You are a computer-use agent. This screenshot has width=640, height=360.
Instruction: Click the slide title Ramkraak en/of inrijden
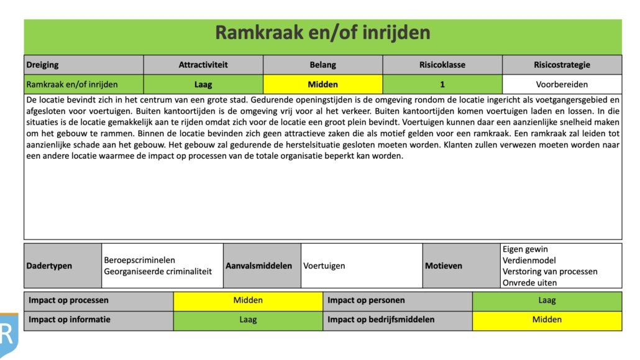tap(322, 33)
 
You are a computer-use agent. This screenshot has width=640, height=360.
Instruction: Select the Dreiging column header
tap(84, 65)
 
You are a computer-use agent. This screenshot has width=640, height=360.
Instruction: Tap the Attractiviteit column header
tap(203, 65)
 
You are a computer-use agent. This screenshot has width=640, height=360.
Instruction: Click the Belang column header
tap(323, 65)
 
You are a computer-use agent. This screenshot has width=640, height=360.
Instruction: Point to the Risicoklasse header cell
tap(442, 65)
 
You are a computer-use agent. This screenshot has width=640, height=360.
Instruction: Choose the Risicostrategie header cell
tap(562, 65)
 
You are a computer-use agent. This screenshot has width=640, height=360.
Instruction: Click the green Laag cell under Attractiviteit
tap(203, 84)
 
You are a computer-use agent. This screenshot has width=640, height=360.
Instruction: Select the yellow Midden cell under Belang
tap(323, 84)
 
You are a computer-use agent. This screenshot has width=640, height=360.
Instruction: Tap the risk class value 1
tap(442, 84)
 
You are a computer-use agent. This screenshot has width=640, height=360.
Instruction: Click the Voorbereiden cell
tap(562, 84)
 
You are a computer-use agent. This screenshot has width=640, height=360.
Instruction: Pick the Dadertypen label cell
tap(63, 265)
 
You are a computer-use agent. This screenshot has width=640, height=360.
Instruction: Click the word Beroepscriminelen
tap(140, 260)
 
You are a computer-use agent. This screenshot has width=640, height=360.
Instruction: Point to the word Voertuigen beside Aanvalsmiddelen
tap(324, 265)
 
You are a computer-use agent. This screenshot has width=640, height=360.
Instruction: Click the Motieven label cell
tap(462, 265)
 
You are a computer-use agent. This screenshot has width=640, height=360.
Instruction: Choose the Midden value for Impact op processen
tap(248, 300)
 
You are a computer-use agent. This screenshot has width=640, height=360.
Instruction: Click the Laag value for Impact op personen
tap(547, 300)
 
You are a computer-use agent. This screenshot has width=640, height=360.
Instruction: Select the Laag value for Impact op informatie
tap(248, 320)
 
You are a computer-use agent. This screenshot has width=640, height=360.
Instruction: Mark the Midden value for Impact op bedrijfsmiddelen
tap(547, 320)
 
